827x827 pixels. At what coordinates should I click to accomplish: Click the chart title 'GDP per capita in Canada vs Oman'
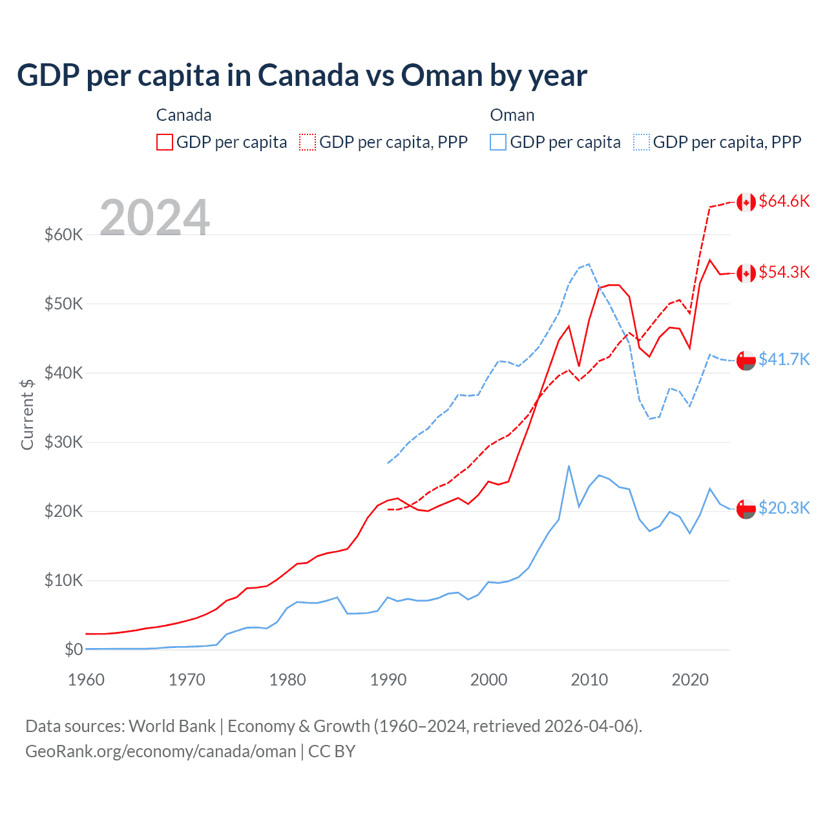coord(302,76)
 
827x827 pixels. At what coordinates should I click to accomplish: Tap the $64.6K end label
coord(784,201)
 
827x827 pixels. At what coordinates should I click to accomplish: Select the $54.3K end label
coord(784,272)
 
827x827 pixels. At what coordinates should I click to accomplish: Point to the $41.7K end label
coord(784,359)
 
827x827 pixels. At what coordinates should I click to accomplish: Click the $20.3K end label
coord(784,508)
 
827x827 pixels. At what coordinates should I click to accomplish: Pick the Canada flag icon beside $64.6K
coord(746,202)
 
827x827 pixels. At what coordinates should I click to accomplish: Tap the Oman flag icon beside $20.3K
coord(746,508)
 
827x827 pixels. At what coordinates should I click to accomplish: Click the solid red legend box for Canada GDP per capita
coord(165,142)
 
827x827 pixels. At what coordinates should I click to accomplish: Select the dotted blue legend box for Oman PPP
coord(642,142)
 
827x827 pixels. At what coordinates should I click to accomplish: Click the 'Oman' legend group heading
coord(512,115)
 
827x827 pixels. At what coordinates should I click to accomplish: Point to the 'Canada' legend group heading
coord(183,115)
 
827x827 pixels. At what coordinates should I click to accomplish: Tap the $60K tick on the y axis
coord(63,235)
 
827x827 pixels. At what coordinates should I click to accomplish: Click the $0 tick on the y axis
coord(74,649)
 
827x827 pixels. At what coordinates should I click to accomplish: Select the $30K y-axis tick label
coord(63,442)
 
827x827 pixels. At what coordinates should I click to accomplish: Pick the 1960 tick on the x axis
coord(86,680)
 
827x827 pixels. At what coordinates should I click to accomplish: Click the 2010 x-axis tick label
coord(589,680)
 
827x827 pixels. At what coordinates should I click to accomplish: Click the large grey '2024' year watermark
coord(154,218)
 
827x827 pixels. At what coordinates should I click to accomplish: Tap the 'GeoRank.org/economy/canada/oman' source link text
coord(160,751)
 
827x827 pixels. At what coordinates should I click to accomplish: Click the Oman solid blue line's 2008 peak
coord(569,466)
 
